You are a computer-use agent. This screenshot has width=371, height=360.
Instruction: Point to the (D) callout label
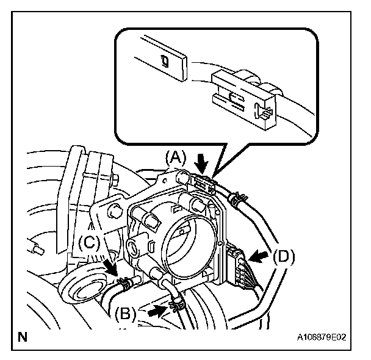tap(283, 256)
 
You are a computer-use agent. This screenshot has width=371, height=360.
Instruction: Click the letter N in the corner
tap(23, 336)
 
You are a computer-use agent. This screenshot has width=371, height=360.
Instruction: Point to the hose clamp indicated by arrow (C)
tap(124, 282)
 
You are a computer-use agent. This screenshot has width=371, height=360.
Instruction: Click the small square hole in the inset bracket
tap(163, 59)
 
